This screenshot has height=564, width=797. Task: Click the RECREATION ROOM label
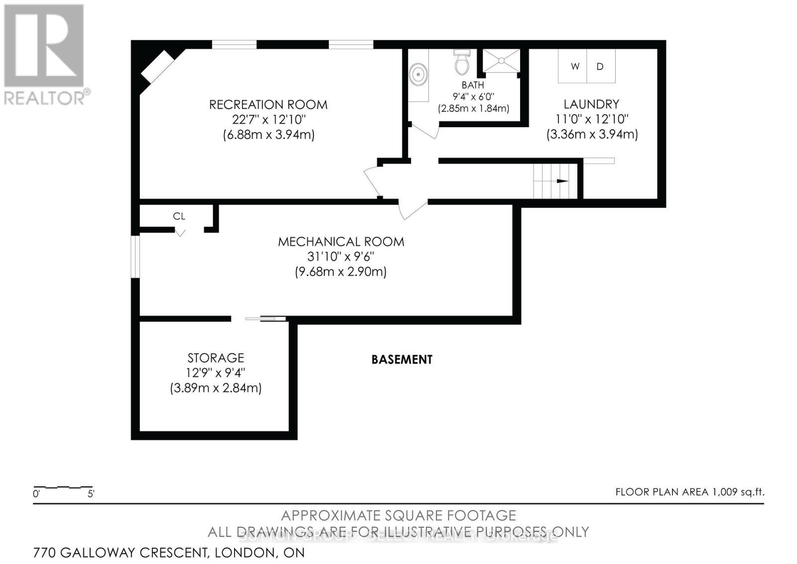[268, 105]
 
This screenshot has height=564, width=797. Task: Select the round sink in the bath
[418, 75]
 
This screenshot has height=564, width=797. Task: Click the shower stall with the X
[501, 61]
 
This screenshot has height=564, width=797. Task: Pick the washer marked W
[574, 66]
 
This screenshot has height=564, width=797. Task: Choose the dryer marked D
[600, 66]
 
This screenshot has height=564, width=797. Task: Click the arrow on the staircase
[562, 181]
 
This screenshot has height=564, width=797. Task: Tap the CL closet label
[179, 216]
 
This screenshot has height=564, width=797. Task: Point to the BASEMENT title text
[401, 360]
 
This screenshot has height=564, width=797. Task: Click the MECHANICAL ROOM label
[341, 242]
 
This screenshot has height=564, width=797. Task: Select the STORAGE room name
[216, 358]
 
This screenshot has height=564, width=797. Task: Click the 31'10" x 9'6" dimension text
[341, 257]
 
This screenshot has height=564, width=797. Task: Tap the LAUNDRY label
[591, 104]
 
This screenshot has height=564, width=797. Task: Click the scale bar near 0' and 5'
[63, 487]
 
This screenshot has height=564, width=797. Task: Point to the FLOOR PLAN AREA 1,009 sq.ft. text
[689, 492]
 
